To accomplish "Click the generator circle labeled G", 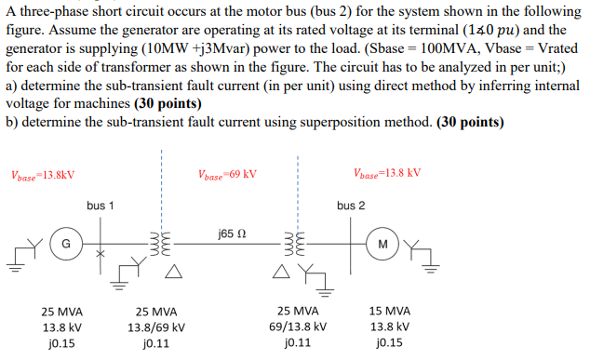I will click(x=64, y=245).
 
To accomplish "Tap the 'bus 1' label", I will click(x=100, y=206).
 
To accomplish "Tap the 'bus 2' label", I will click(x=351, y=206).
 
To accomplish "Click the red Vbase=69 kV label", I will click(x=227, y=174).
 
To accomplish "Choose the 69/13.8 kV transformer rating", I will click(x=297, y=327).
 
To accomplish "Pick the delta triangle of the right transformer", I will click(x=282, y=272).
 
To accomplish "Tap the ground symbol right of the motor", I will click(x=431, y=263).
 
